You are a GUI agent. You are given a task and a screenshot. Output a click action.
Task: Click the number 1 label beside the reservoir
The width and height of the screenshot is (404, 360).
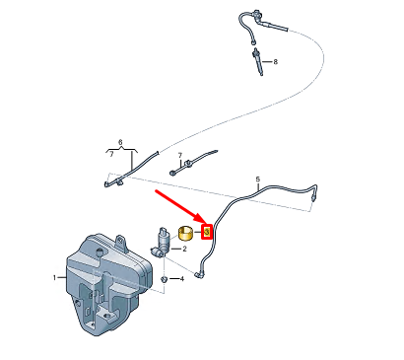tap(54, 278)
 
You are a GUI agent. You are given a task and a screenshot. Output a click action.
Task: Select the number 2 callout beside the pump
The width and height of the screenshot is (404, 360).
tap(184, 249)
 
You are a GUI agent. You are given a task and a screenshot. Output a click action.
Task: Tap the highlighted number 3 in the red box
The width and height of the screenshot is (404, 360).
tap(207, 232)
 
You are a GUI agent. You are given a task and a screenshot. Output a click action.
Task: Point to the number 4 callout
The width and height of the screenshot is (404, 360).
tap(181, 279)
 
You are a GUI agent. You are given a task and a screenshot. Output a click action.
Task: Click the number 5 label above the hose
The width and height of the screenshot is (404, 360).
tap(258, 180)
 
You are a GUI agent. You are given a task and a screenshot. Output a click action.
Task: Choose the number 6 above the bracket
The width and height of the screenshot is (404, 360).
tap(120, 143)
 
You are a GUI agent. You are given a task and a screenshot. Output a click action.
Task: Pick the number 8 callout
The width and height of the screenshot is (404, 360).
tap(275, 61)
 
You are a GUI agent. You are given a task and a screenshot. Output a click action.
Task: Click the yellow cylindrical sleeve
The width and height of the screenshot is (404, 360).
tap(185, 233)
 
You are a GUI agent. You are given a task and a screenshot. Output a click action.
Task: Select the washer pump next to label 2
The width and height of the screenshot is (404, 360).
tap(161, 244)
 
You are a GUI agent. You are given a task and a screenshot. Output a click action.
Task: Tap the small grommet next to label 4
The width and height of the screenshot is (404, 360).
tap(164, 279)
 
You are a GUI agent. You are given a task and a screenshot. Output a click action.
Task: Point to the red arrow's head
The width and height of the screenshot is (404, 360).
tap(205, 222)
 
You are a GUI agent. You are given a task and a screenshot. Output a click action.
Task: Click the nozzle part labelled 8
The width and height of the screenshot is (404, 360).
tap(258, 61)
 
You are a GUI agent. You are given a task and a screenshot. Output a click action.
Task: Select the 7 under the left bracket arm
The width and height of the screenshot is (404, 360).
tap(111, 155)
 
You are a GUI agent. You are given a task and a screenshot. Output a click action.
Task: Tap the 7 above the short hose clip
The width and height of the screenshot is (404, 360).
tap(179, 155)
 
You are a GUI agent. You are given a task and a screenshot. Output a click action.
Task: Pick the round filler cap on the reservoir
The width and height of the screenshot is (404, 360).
tap(99, 252)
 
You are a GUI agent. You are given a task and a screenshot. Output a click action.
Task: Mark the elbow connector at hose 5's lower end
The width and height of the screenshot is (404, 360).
tap(199, 274)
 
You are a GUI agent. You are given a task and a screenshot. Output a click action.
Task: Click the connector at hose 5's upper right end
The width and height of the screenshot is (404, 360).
tap(314, 197)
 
